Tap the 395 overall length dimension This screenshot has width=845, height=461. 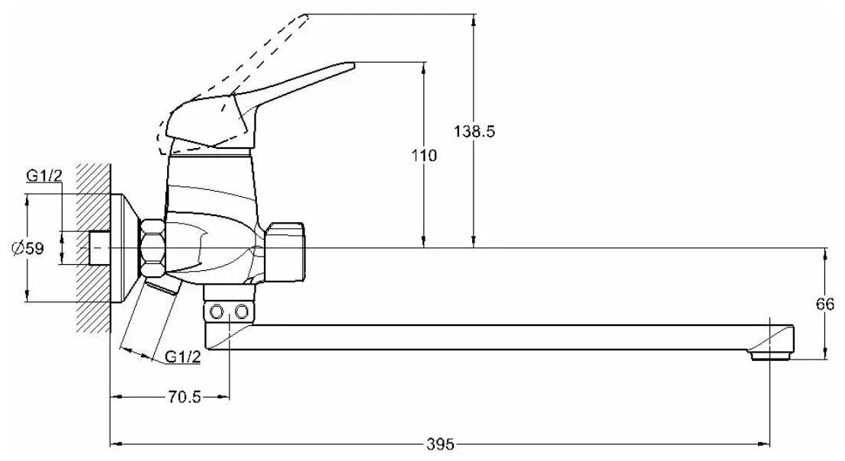coord(441,443)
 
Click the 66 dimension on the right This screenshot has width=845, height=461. coord(825,304)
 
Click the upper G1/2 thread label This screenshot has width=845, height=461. coord(43,176)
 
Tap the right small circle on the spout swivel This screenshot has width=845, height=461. coord(241,311)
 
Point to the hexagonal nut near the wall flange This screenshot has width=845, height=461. coord(152,249)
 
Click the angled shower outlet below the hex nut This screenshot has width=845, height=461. coord(162,288)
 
